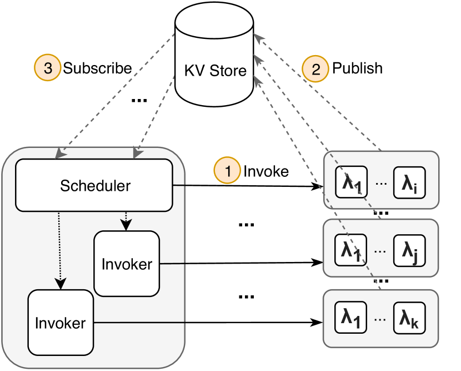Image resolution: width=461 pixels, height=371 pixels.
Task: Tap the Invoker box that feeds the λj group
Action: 127,264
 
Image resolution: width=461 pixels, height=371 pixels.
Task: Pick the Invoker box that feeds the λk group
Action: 60,323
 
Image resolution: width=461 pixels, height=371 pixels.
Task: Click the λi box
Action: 410,184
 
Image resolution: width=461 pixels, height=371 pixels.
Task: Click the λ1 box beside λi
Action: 352,184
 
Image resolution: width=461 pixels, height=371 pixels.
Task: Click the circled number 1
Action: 227,171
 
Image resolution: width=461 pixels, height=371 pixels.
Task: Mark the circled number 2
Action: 315,68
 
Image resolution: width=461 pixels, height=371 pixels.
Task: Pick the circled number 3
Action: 48,68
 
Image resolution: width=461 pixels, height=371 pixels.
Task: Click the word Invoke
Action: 266,171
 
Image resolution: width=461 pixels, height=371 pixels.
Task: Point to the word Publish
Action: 357,68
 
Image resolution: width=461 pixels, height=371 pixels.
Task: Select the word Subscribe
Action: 97,68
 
